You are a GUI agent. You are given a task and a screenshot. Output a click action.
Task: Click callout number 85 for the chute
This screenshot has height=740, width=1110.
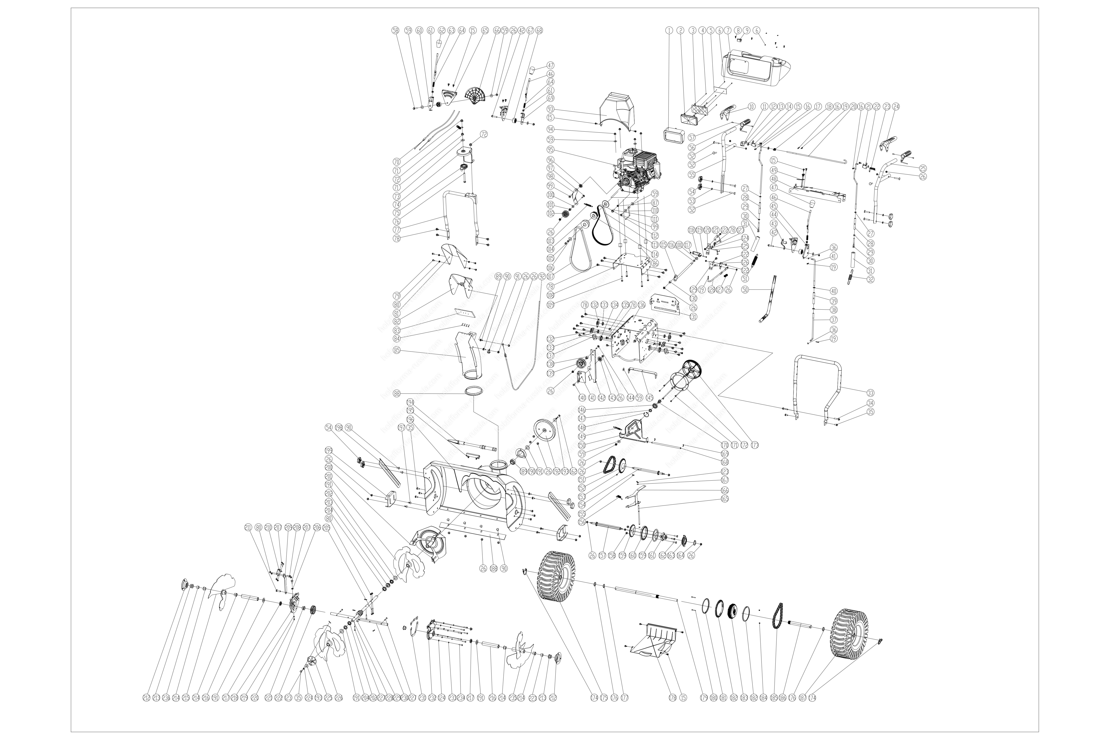(396, 350)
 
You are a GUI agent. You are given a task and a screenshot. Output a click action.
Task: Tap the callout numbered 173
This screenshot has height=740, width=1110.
(755, 445)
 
